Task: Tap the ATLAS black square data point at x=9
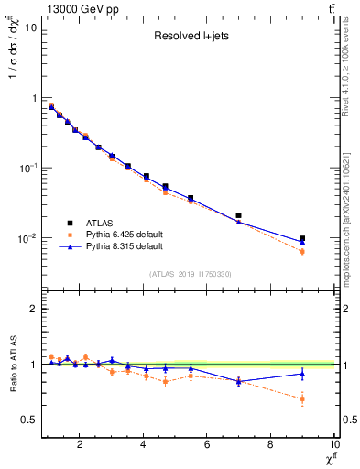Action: click(302, 238)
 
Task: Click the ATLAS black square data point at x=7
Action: click(239, 215)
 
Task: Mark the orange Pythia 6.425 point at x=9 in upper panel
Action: click(302, 251)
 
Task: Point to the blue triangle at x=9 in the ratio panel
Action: click(302, 373)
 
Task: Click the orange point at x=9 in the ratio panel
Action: click(302, 398)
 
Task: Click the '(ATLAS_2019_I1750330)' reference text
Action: click(190, 274)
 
